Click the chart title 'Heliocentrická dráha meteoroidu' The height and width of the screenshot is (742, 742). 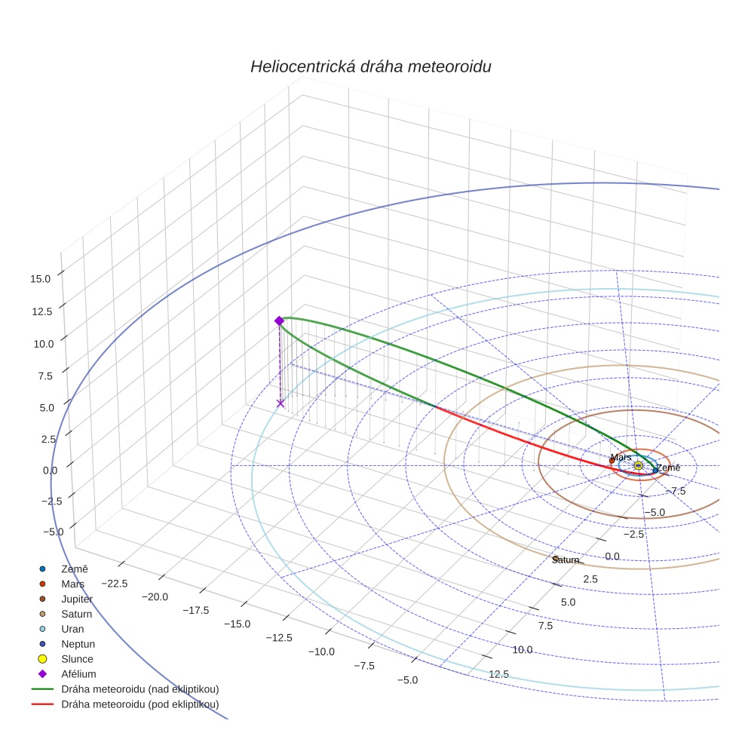370,66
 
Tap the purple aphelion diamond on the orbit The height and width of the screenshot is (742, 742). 279,320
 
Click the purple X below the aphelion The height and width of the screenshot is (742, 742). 281,403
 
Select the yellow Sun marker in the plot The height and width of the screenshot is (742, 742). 638,466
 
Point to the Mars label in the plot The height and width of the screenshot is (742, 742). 621,458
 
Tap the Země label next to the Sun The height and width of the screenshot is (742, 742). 667,468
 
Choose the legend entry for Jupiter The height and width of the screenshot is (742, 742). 77,599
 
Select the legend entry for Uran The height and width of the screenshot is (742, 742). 72,629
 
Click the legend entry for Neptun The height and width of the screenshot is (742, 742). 78,644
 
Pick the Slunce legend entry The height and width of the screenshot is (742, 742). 77,659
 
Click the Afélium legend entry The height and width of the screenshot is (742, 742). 78,674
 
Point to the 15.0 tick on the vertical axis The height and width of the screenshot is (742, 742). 41,278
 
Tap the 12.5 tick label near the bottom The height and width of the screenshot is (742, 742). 498,674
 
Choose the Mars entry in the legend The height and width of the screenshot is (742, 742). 72,584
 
